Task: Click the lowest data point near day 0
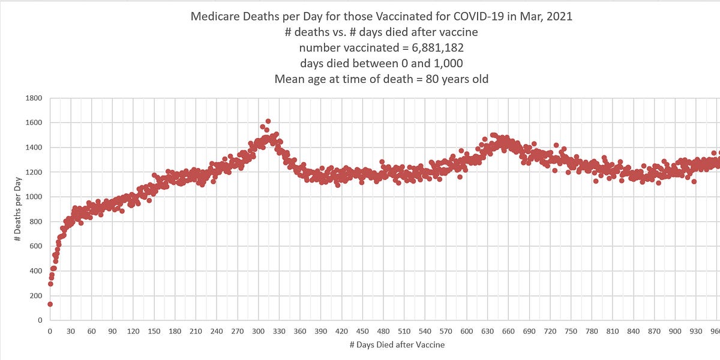coord(50,304)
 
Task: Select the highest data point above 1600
coord(268,121)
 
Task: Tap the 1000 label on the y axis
coord(36,197)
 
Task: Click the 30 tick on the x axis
coord(71,331)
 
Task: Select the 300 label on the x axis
coord(259,331)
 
